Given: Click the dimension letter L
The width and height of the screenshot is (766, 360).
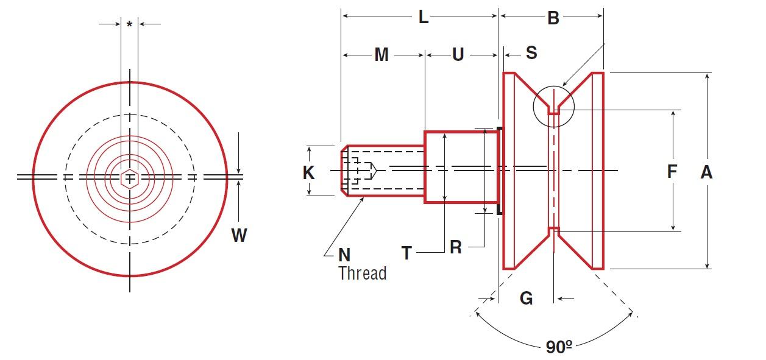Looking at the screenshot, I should [x=423, y=17].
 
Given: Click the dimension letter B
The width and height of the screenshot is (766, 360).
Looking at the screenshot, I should [x=553, y=18].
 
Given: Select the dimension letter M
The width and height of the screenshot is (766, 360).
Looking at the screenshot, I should [x=381, y=55].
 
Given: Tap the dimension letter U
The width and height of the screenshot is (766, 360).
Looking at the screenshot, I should [x=458, y=55].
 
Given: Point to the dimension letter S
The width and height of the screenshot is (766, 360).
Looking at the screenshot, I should [x=531, y=53].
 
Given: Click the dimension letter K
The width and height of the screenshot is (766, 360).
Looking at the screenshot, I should [x=309, y=173].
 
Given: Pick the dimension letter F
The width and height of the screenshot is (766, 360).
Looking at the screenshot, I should [x=672, y=172].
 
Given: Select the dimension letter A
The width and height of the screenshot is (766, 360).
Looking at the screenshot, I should [x=706, y=172].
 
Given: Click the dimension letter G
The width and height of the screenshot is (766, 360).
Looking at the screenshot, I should [x=526, y=298].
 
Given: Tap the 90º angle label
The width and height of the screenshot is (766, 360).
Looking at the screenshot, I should [x=559, y=348].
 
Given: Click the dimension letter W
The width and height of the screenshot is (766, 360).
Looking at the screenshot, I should [x=239, y=235].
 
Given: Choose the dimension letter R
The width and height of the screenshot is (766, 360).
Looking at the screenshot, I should [x=456, y=247].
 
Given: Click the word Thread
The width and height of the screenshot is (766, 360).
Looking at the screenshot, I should [x=363, y=274].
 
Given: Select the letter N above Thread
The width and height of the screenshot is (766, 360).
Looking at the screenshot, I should [x=344, y=255].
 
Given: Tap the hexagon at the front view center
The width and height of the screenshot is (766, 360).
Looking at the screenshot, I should [x=129, y=178].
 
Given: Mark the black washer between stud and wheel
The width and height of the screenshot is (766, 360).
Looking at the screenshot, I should [x=500, y=171].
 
